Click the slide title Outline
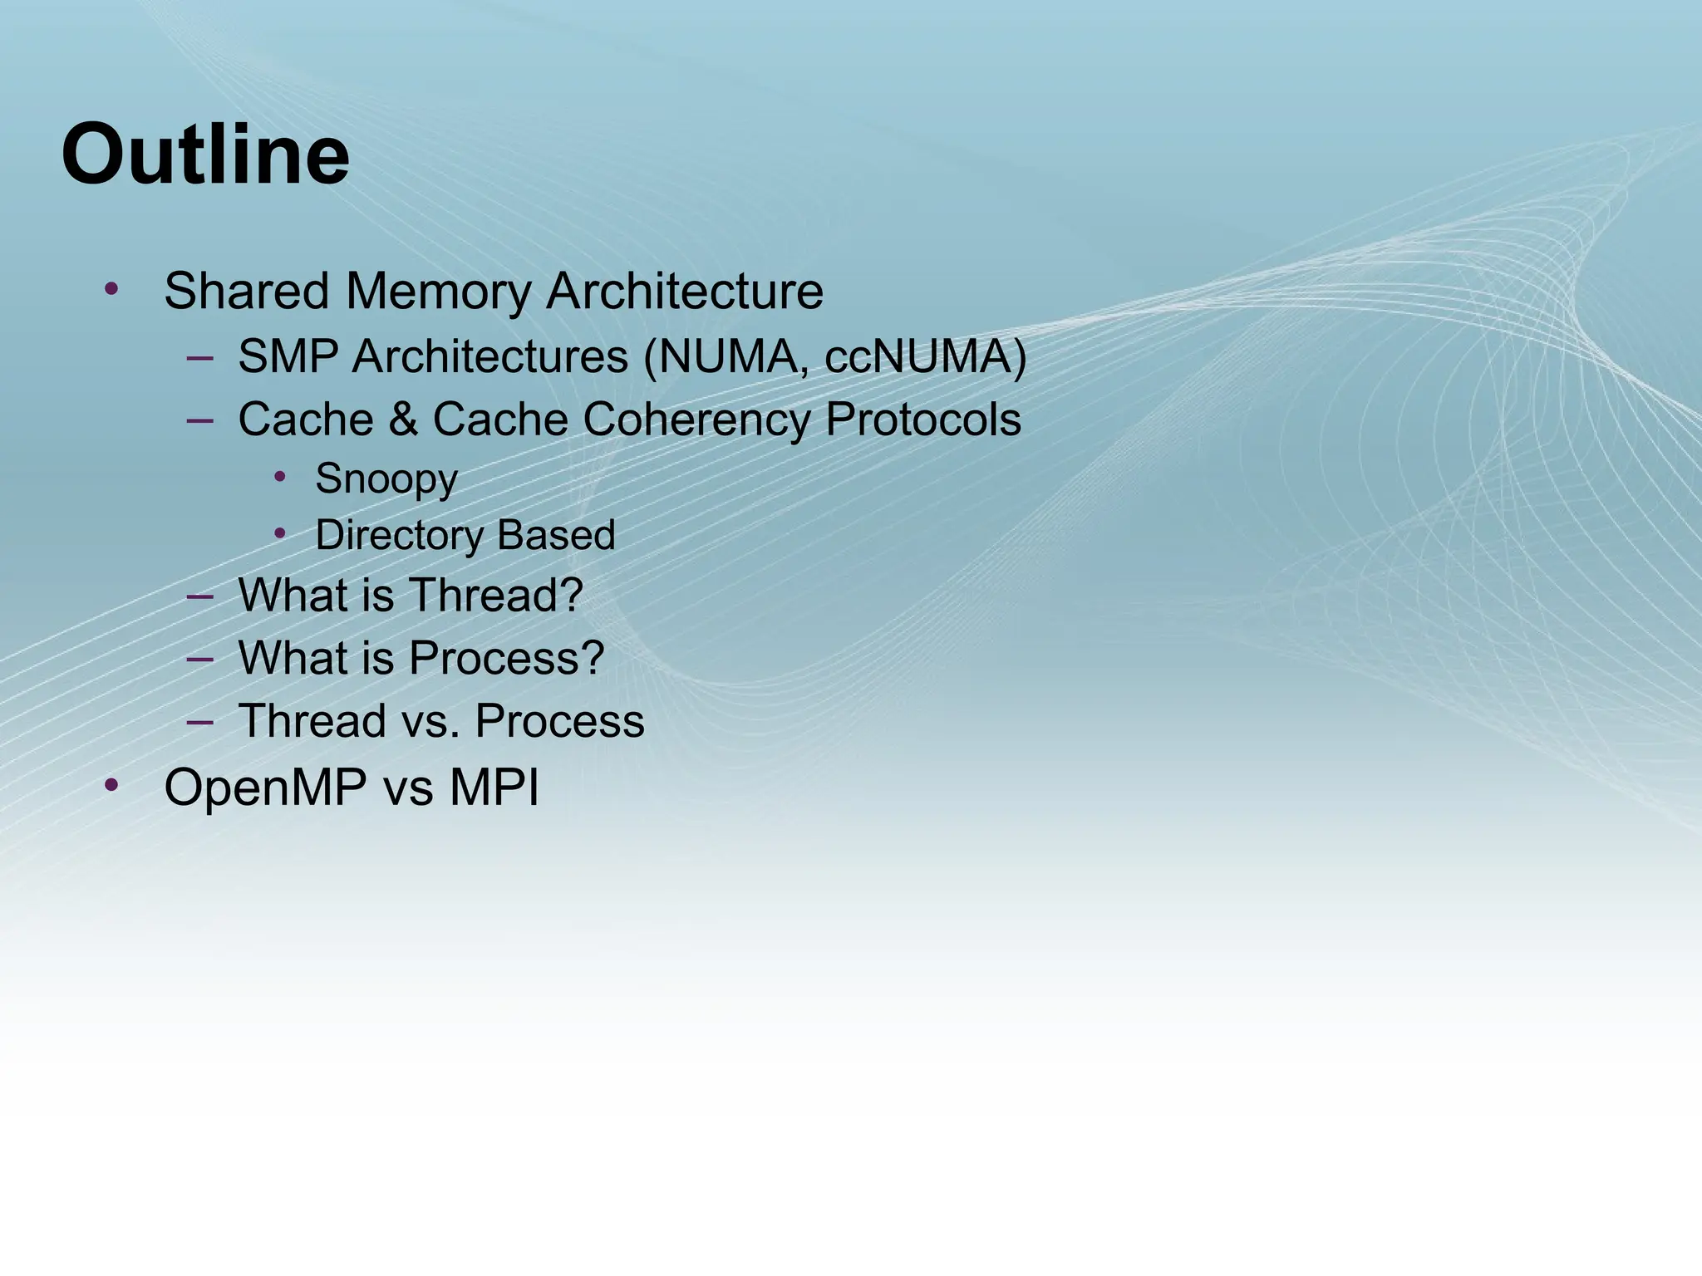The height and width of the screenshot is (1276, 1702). pos(205,155)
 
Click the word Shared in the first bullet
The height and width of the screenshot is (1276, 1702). pos(246,292)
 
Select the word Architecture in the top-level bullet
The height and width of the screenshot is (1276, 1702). pos(684,292)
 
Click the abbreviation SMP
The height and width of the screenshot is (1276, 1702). pos(288,357)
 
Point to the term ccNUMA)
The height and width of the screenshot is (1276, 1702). pos(925,357)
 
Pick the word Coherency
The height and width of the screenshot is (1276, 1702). pos(696,420)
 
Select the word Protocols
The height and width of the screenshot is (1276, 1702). pos(922,420)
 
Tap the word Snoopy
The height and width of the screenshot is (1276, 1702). pos(386,479)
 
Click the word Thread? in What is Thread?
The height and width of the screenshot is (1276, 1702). pos(495,596)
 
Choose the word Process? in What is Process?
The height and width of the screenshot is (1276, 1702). pos(506,658)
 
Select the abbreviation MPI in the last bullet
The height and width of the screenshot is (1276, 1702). pos(494,788)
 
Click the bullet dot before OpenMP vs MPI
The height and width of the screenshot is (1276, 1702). pos(112,785)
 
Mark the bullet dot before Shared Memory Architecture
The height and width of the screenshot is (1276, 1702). pos(112,289)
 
